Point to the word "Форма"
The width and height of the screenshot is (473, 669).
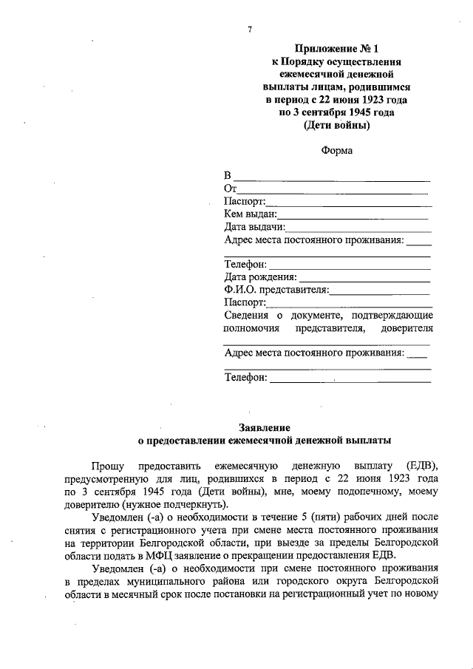pos(337,151)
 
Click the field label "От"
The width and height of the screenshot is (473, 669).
pos(230,189)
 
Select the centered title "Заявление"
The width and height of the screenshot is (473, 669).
pos(265,427)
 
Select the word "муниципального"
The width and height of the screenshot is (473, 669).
pos(158,581)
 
